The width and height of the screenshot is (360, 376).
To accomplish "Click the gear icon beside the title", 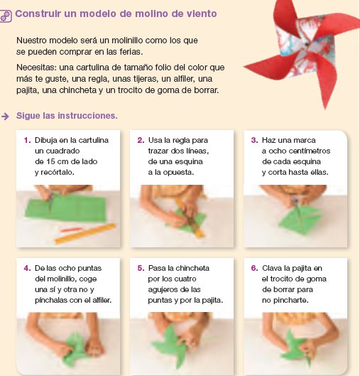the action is [x=5, y=16].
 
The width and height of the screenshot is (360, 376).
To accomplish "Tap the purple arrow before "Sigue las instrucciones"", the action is [x=5, y=117].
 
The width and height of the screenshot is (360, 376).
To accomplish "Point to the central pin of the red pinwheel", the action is [x=306, y=44].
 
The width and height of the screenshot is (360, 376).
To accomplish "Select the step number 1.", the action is [x=27, y=140].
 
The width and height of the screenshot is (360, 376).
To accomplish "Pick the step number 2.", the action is [x=141, y=140].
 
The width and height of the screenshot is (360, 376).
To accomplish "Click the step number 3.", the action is [x=254, y=140].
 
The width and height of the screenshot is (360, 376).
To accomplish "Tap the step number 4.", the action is [x=27, y=268].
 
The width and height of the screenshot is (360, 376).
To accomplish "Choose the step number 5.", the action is [x=141, y=268].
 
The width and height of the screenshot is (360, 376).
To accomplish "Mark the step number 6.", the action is [x=254, y=268].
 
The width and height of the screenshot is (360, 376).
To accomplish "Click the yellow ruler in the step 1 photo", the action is [x=85, y=233].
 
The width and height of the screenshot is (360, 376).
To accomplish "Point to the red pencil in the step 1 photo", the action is [x=71, y=230].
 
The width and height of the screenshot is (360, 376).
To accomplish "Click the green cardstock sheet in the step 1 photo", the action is [x=66, y=208].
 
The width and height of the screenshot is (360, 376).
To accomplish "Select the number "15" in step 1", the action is [x=51, y=161].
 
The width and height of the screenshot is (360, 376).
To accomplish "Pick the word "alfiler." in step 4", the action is [x=102, y=300].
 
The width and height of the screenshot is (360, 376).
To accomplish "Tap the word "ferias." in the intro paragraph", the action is [x=131, y=52].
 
